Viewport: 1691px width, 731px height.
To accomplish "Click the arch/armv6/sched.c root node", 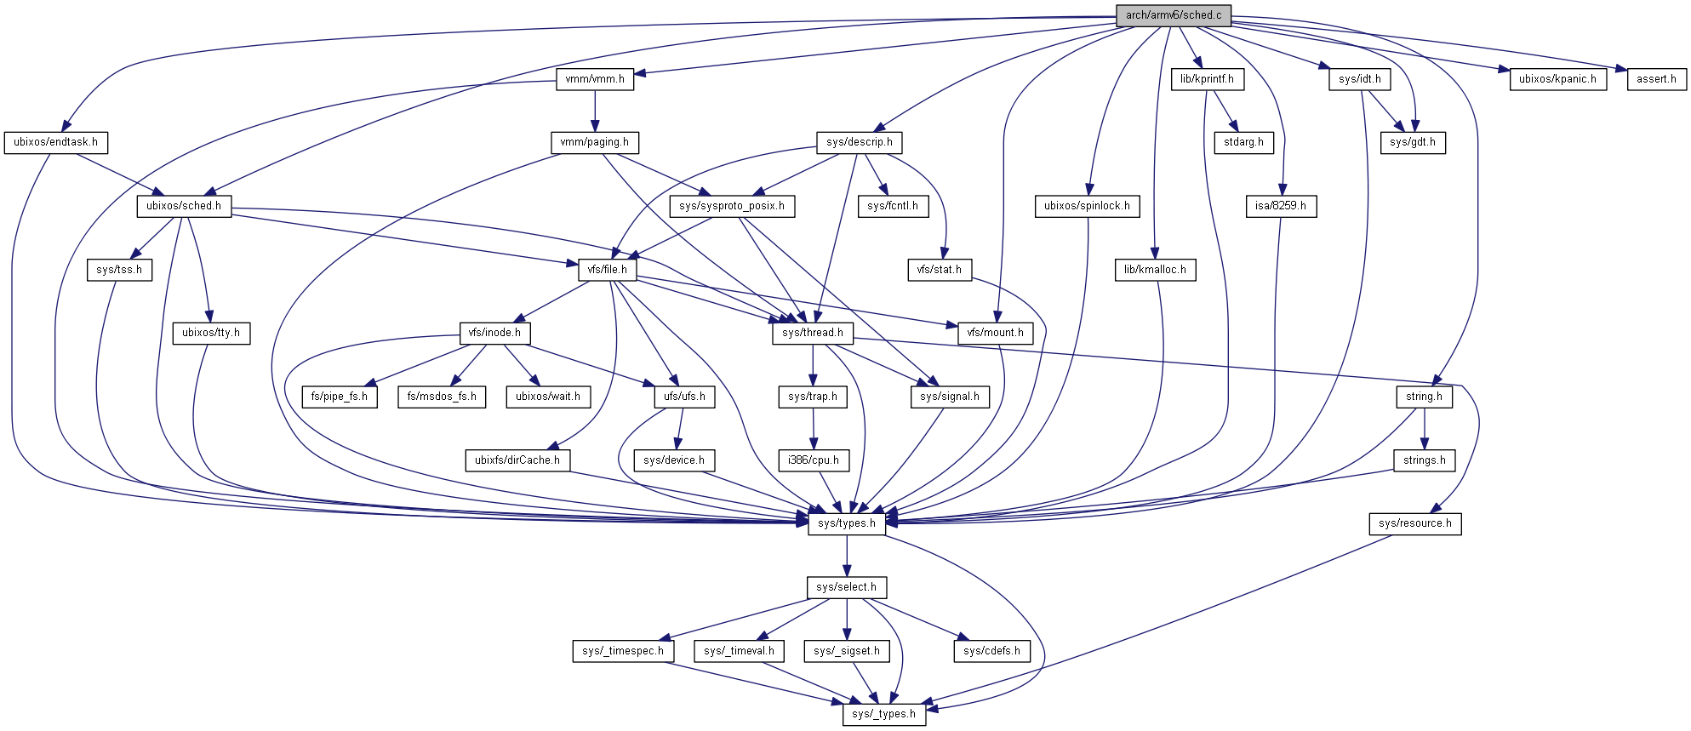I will pos(1173,15).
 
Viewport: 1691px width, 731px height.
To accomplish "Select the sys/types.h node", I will pos(846,523).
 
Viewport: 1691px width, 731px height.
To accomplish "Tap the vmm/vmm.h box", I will pos(595,79).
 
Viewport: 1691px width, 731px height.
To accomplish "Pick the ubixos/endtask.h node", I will pos(55,142).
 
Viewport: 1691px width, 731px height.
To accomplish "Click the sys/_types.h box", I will pos(883,714).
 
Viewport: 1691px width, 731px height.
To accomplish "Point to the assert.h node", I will pos(1656,79).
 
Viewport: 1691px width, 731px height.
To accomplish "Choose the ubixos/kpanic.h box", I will pos(1557,79).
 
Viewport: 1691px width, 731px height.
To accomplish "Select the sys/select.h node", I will pos(846,587).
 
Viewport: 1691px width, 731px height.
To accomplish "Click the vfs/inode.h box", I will pos(494,333).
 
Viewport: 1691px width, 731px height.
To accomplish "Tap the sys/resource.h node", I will pos(1415,523).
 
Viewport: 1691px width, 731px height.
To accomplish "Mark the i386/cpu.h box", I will pos(814,460).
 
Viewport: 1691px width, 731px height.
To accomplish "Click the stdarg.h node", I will pos(1243,142).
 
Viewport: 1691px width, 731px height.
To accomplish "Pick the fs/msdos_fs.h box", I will pos(442,397).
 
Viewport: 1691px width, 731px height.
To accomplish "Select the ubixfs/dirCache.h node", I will pos(517,460).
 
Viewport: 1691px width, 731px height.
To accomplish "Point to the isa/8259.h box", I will pos(1280,206).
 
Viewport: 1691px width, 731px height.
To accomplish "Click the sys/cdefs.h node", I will pos(991,651).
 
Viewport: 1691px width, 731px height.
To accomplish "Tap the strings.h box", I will pos(1425,460).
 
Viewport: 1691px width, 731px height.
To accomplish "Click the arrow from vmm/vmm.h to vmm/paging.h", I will pos(595,111).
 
